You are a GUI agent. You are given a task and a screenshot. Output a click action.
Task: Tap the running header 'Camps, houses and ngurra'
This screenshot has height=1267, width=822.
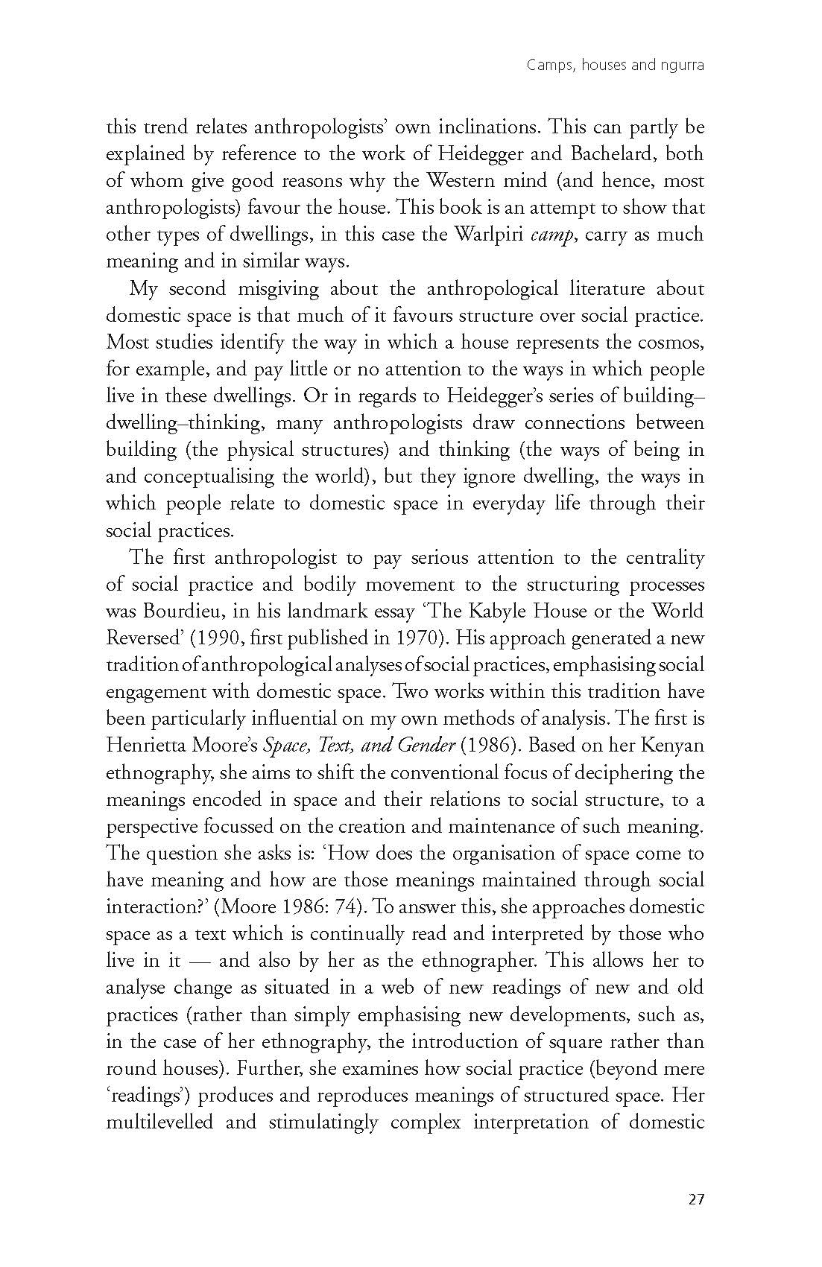point(615,66)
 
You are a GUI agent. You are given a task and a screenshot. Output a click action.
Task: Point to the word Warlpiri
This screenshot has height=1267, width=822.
point(486,235)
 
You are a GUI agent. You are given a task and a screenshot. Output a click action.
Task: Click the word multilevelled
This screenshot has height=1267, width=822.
point(159,1122)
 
